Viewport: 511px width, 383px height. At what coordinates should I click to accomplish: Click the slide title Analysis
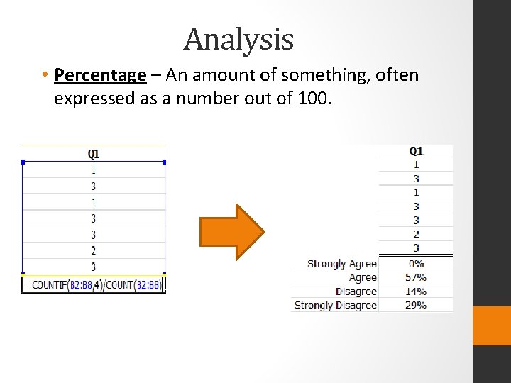point(238,40)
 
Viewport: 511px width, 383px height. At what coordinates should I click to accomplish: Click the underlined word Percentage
point(99,75)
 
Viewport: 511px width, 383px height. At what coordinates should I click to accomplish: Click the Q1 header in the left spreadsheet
point(94,153)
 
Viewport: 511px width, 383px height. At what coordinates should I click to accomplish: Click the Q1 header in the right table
point(416,150)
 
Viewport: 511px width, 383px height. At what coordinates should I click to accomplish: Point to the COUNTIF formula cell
point(94,285)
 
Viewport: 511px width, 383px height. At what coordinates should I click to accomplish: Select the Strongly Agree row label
point(341,263)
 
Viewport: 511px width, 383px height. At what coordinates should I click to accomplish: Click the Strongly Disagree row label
point(335,305)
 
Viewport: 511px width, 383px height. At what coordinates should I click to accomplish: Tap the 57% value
point(416,277)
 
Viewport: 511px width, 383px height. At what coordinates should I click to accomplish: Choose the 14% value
point(416,292)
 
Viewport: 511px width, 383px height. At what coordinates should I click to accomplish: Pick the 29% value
point(416,305)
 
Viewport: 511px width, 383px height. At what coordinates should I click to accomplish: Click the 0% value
point(417,263)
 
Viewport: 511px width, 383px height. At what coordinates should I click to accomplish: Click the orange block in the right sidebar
point(491,326)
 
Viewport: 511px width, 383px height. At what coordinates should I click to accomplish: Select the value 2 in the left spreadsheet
point(94,250)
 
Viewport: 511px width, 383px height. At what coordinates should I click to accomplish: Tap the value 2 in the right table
point(416,234)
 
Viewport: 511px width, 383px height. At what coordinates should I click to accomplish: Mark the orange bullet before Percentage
point(44,75)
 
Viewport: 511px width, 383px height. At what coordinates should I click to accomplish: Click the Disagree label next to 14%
point(356,292)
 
